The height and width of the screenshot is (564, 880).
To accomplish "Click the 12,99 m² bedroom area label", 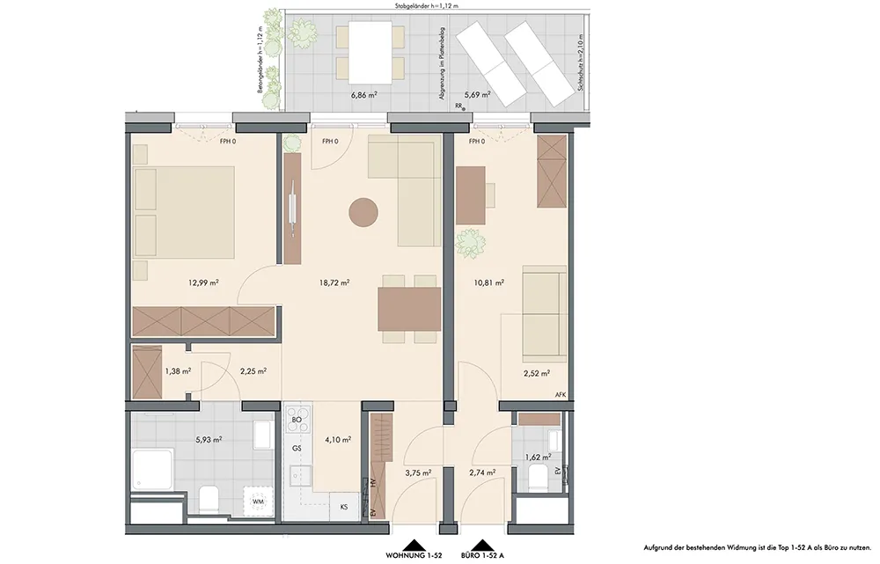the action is click(x=203, y=282).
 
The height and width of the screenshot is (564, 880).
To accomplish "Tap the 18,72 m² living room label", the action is click(x=334, y=282).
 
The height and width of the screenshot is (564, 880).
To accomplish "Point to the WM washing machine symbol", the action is click(x=258, y=501).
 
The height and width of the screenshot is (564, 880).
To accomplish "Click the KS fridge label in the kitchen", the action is click(x=344, y=507).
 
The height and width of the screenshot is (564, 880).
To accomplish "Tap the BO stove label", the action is click(x=297, y=420).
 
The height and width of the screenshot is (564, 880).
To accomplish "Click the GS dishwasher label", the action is click(x=297, y=448).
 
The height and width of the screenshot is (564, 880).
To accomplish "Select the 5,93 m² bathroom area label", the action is click(x=209, y=440).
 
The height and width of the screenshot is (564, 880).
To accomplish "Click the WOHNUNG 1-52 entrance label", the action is click(x=414, y=555).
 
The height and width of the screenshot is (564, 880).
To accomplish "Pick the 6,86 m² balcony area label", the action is click(x=363, y=95).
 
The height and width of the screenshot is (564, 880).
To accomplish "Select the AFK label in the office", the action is click(x=560, y=394).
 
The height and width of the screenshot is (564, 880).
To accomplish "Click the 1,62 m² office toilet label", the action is click(x=538, y=457).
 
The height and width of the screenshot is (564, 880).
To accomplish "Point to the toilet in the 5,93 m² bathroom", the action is click(x=209, y=500).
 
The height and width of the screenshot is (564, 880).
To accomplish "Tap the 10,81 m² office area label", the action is click(x=488, y=282).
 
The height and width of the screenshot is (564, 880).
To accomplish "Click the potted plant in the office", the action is click(x=470, y=244).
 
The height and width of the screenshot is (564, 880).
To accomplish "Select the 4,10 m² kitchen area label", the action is click(x=339, y=440).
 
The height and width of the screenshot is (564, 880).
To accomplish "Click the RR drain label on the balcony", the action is click(x=459, y=106).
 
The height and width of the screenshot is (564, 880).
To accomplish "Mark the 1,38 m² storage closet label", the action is click(x=178, y=371).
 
